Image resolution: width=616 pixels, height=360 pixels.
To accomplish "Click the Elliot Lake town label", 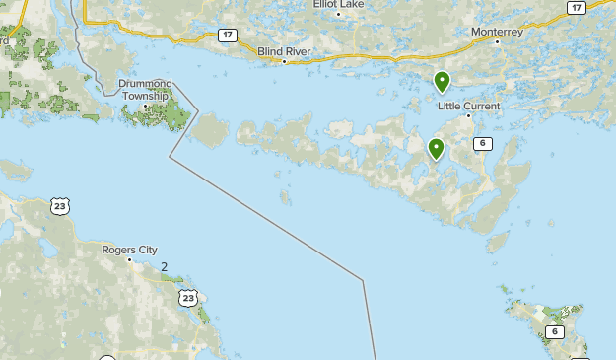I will [338, 4].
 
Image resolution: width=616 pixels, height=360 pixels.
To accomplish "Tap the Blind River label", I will [284, 50].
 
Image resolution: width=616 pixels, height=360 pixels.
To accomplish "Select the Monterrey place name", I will [497, 31].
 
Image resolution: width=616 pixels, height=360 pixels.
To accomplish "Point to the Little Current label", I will [468, 106].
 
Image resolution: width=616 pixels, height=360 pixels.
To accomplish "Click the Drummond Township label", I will [145, 90].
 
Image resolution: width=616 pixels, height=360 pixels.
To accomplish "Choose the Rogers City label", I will [129, 250].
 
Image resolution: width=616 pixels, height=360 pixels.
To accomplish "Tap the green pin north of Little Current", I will [443, 82].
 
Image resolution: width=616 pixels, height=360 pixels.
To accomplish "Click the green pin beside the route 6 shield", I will [436, 149].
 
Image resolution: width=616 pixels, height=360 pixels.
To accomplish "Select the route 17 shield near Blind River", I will [228, 36].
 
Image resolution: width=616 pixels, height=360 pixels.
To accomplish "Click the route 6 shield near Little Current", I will [482, 143].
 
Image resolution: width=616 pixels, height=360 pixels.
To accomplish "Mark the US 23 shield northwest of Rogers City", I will [61, 206].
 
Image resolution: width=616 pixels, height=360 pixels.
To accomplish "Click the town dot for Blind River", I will [284, 61].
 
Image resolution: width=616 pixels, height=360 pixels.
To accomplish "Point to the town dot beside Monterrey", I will [497, 41].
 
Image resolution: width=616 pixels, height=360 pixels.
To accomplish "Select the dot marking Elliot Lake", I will [338, 14].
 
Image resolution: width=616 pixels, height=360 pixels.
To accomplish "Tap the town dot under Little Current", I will [468, 116].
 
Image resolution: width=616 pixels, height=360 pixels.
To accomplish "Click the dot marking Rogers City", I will [129, 259].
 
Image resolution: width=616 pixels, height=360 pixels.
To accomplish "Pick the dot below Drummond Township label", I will [145, 107].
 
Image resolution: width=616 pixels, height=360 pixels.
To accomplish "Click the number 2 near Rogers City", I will [164, 267].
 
